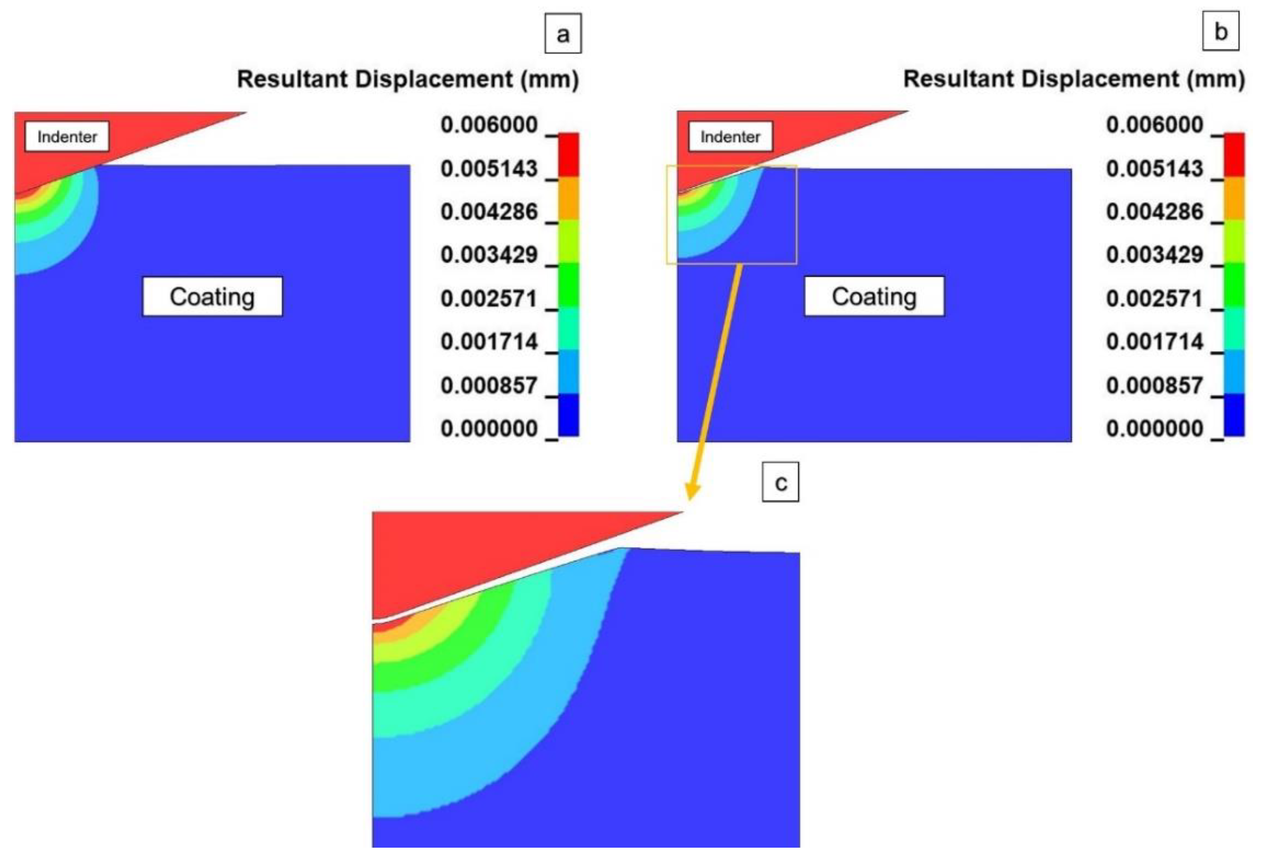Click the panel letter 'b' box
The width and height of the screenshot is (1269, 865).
[1221, 32]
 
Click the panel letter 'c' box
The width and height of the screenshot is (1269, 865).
[780, 482]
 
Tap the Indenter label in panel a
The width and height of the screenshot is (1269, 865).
[67, 136]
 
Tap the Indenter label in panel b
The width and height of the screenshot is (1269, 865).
[730, 136]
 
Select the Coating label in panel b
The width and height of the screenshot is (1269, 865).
[874, 296]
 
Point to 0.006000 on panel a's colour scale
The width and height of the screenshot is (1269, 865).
[489, 125]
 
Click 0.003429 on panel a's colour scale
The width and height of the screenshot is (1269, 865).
[489, 255]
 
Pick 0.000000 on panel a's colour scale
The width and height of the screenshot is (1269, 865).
[489, 429]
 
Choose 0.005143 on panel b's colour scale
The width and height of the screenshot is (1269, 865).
[1154, 168]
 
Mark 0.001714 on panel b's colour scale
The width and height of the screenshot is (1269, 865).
[1154, 342]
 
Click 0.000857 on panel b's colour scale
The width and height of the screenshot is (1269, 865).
[1154, 386]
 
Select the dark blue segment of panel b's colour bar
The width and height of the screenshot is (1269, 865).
[1234, 415]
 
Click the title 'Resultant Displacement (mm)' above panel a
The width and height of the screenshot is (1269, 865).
[408, 79]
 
